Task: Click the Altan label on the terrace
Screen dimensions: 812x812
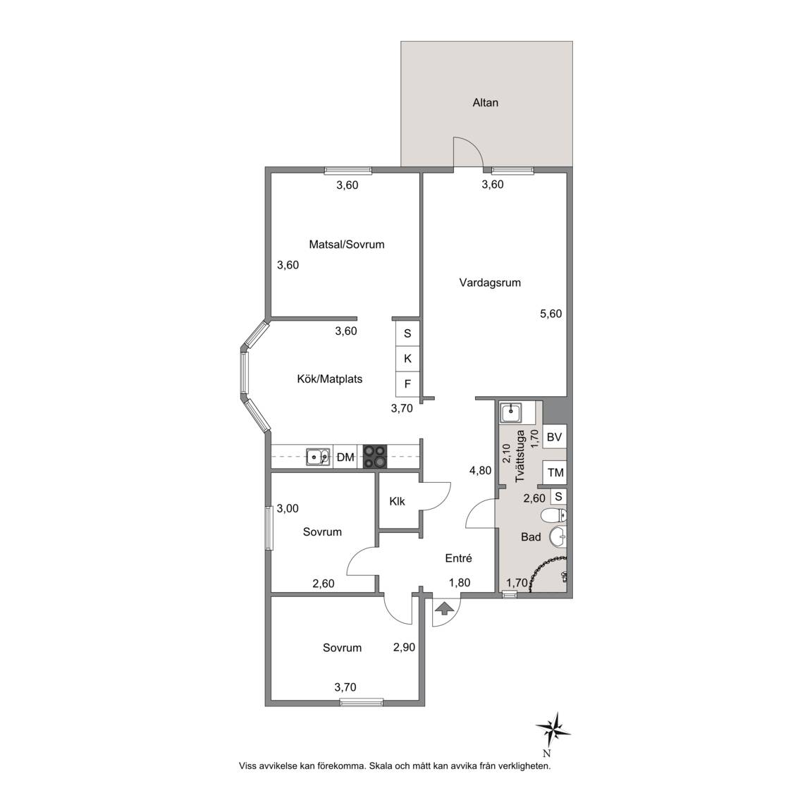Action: click(485, 102)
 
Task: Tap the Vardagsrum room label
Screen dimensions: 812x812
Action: click(490, 283)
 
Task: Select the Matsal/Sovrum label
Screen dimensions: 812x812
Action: click(347, 245)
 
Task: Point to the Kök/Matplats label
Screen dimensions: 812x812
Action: click(329, 379)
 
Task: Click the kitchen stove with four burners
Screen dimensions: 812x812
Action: click(375, 457)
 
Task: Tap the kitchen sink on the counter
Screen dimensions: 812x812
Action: click(317, 457)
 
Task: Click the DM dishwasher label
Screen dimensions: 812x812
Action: click(345, 457)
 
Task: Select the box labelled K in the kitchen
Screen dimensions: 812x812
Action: click(407, 358)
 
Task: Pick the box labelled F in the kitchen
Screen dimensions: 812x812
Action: click(407, 384)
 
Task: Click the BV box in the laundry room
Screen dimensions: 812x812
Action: click(554, 437)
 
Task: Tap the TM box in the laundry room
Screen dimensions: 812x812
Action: click(555, 472)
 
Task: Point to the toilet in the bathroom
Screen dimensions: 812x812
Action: click(554, 515)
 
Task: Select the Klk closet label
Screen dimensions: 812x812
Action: click(398, 501)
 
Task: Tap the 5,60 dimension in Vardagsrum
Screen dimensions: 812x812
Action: click(550, 314)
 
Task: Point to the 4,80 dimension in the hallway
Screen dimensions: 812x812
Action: click(480, 471)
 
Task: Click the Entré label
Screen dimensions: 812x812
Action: click(458, 558)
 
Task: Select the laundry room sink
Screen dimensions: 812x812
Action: click(511, 413)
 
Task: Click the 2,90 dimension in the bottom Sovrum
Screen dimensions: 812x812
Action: click(404, 647)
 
